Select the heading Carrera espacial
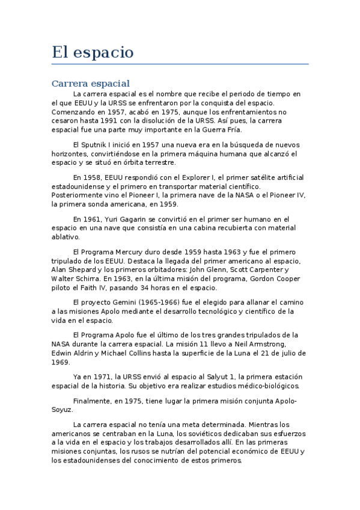coord(91,83)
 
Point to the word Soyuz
coord(63,410)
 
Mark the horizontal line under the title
coord(180,64)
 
